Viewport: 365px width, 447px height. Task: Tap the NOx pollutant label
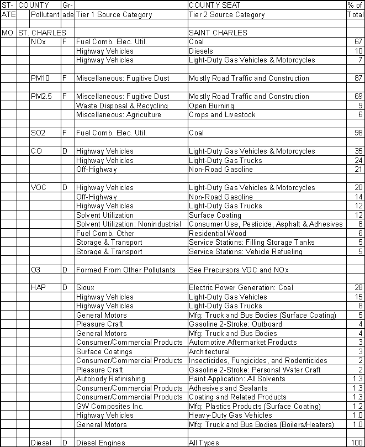39,42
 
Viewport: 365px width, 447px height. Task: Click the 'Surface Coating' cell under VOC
215,215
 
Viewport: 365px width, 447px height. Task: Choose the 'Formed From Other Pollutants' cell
125,270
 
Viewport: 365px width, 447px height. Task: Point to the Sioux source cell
86,288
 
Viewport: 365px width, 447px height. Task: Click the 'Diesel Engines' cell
100,443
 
